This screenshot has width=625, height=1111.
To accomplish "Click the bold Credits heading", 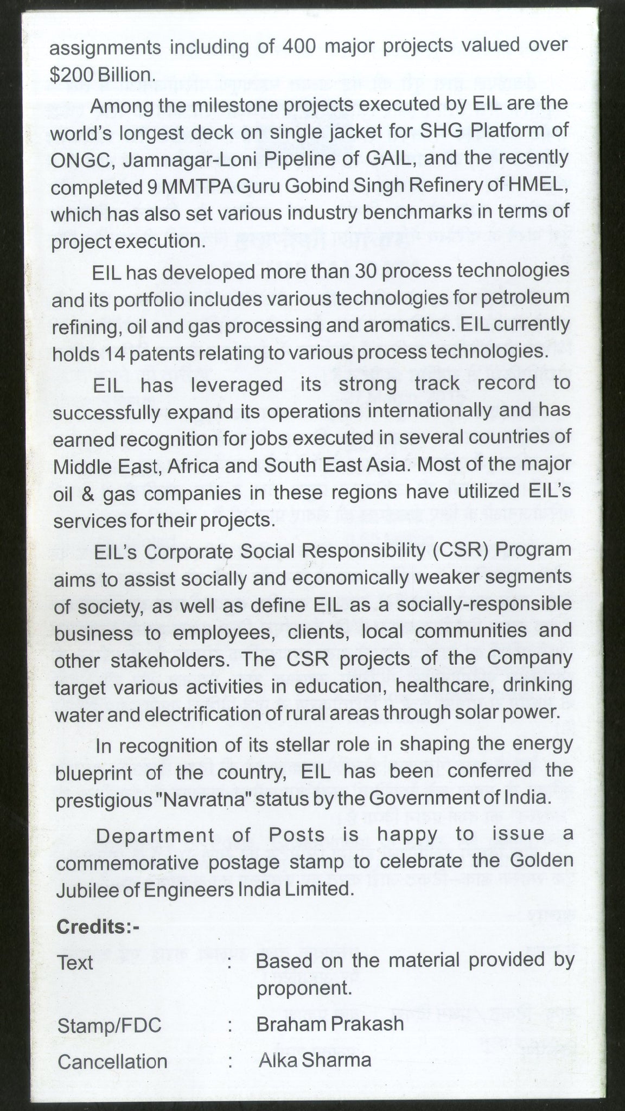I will click(98, 927).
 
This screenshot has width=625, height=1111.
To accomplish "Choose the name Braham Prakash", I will click(330, 1008).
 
